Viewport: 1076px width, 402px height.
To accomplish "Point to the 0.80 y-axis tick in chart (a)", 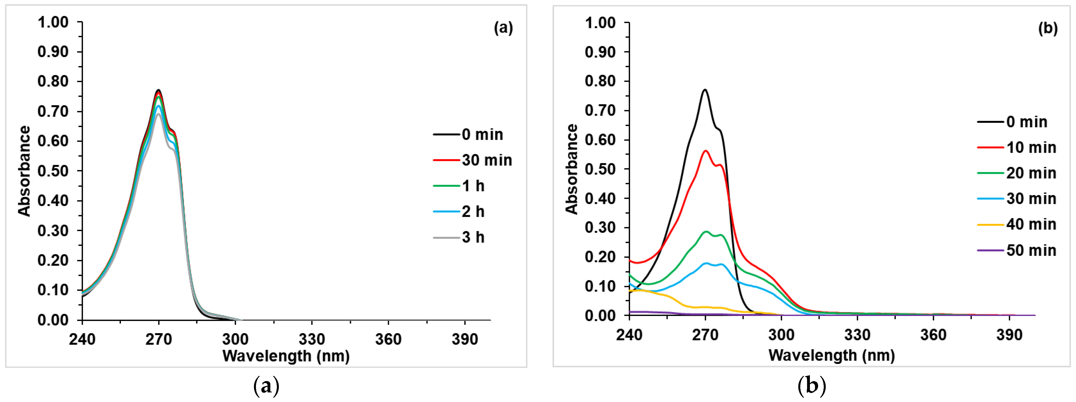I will tap(53, 81).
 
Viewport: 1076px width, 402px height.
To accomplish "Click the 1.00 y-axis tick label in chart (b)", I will tap(600, 23).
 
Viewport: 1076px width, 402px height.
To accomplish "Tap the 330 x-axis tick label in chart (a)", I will tap(312, 339).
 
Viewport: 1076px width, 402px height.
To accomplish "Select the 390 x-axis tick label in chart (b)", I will tap(1009, 335).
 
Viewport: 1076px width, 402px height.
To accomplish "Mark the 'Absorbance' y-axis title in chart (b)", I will tap(572, 169).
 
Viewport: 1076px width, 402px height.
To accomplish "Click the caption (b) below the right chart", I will tap(812, 386).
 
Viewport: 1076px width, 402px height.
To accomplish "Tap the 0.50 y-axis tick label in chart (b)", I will tap(600, 169).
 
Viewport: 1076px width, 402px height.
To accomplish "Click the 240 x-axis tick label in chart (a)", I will tap(82, 339).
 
